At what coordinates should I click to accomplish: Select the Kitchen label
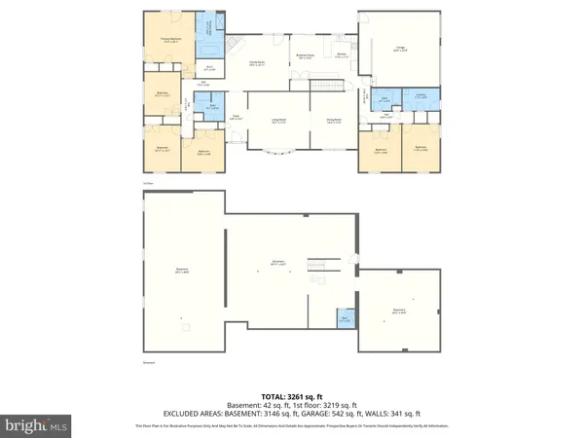point(342,55)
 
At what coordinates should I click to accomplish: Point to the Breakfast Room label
point(304,56)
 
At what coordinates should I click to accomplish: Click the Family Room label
point(258,63)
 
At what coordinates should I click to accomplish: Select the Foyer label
point(236,118)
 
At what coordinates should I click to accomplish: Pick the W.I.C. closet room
point(209,68)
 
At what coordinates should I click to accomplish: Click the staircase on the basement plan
point(318,265)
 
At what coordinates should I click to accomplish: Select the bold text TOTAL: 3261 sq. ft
point(291,396)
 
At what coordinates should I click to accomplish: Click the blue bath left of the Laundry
point(385,98)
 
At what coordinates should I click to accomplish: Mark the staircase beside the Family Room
point(232,48)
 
